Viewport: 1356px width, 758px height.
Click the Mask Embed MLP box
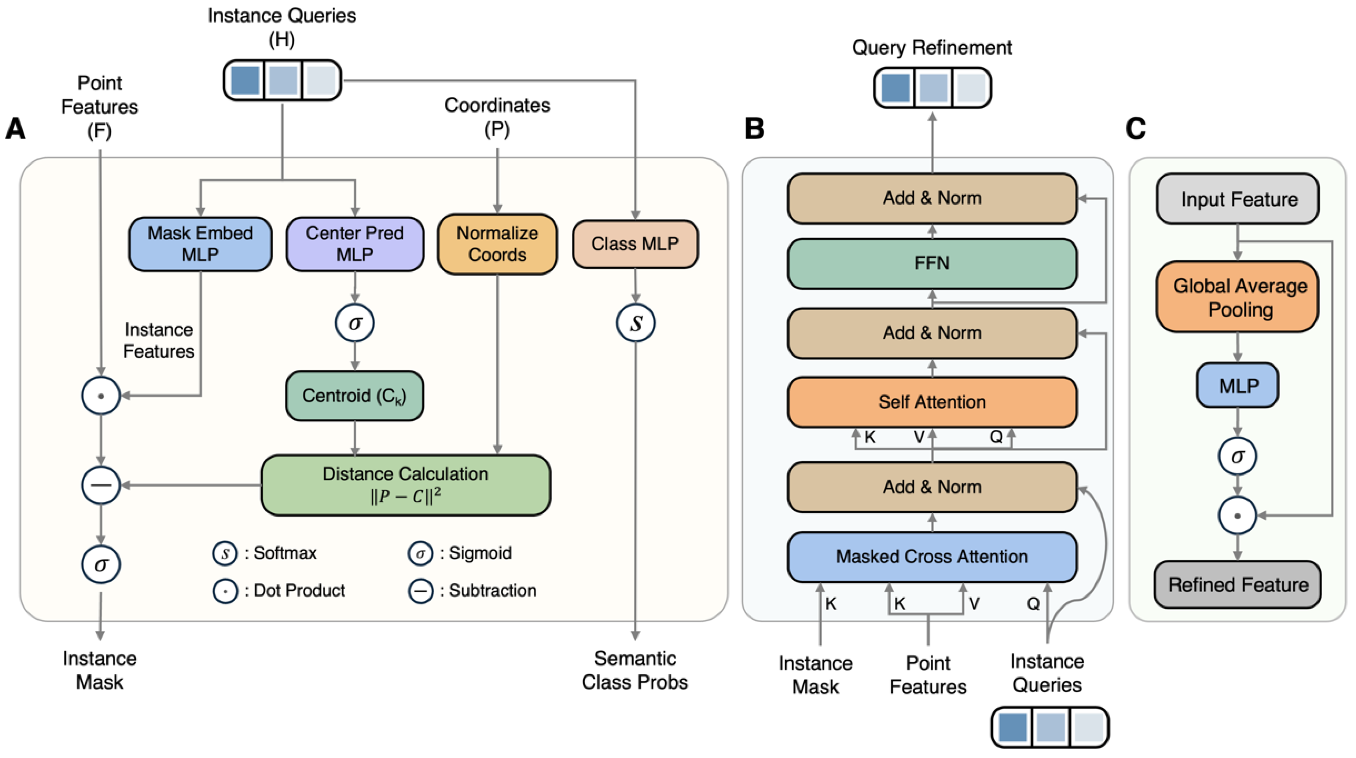200,244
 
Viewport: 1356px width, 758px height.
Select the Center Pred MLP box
355,244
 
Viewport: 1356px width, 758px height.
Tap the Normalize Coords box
497,244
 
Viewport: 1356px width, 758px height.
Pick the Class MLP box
635,244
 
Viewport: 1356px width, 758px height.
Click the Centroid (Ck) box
354,396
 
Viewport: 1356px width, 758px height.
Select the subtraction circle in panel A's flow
101,485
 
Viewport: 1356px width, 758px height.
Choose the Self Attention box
932,402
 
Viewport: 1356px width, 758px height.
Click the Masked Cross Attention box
932,557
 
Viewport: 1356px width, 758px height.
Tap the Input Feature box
1239,199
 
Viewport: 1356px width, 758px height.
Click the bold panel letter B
754,128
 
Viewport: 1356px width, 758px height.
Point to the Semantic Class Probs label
635,670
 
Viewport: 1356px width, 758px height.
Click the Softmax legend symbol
225,553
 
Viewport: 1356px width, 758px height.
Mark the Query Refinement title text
932,48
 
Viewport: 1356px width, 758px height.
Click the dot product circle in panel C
1238,516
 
